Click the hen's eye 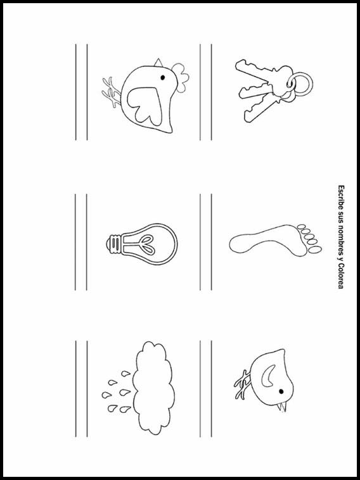tap(162, 77)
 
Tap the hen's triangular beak tap(158, 63)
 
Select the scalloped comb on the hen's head tap(181, 77)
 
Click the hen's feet tap(112, 92)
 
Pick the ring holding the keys tap(300, 84)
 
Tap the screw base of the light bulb tap(114, 244)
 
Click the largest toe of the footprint tap(315, 250)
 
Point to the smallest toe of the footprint tap(302, 227)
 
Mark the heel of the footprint tap(238, 246)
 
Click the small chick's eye tap(281, 391)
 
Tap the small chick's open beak tap(282, 407)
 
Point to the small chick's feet tap(243, 384)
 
